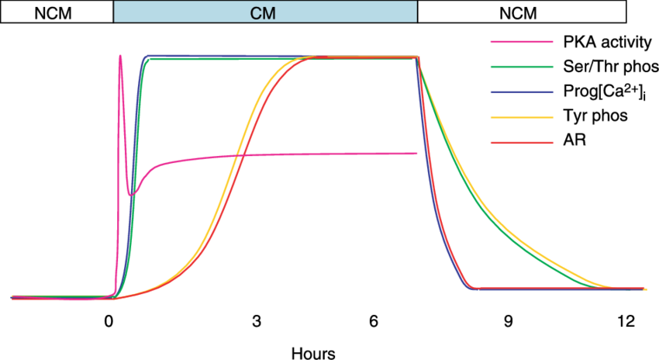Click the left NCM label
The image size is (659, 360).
(56, 12)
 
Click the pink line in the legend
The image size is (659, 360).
(522, 42)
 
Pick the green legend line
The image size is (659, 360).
(522, 67)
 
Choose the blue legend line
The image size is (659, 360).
(522, 92)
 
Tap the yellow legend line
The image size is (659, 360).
(522, 117)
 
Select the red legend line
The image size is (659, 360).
(522, 143)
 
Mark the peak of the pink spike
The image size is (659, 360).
(120, 55)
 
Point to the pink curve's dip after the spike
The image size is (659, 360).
(131, 193)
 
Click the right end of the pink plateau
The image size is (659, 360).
(417, 153)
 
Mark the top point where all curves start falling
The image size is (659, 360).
(418, 57)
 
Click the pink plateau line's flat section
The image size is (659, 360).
(326, 154)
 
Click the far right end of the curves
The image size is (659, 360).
(644, 289)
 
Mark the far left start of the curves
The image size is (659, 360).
(12, 297)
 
